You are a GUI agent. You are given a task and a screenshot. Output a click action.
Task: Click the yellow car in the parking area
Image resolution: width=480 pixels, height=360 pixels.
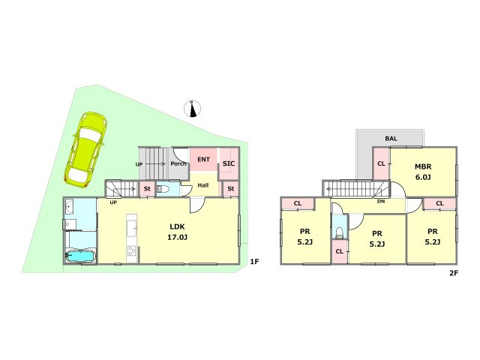85,150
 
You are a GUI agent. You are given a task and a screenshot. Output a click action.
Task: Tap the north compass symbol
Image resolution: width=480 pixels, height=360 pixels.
193,109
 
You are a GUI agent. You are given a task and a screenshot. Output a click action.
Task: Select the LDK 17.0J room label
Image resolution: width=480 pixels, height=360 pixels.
177,232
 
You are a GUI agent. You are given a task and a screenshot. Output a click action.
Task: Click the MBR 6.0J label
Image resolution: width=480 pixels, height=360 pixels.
423,172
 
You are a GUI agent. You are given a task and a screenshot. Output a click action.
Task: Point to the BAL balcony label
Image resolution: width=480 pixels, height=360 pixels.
391,138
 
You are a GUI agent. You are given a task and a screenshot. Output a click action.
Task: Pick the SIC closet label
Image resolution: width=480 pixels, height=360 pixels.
229,163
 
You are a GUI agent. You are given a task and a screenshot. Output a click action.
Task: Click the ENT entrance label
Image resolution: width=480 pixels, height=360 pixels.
203,160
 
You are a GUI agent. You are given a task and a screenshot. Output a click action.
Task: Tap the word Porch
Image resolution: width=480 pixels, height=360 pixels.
178,163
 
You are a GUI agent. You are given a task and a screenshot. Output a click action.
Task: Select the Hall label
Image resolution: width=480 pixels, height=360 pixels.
203,185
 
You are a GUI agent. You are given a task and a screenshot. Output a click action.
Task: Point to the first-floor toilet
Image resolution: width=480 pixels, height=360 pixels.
162,189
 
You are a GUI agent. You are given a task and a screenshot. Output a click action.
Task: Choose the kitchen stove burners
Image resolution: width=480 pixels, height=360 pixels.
132,250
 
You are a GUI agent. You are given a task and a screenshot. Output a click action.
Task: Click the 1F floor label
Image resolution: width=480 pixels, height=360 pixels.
254,262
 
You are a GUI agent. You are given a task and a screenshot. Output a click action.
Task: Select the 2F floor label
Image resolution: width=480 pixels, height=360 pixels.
453,273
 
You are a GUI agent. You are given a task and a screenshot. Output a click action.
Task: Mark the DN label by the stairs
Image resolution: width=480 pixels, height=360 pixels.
381,202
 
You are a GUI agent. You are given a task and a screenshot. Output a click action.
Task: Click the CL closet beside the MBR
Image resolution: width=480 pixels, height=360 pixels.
381,163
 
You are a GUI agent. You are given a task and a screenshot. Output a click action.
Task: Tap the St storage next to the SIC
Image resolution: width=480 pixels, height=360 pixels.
230,189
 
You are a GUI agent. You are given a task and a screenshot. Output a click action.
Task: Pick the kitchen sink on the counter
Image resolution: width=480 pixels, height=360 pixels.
132,228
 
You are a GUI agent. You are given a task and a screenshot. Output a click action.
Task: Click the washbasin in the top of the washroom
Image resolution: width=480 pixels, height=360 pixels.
70,207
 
